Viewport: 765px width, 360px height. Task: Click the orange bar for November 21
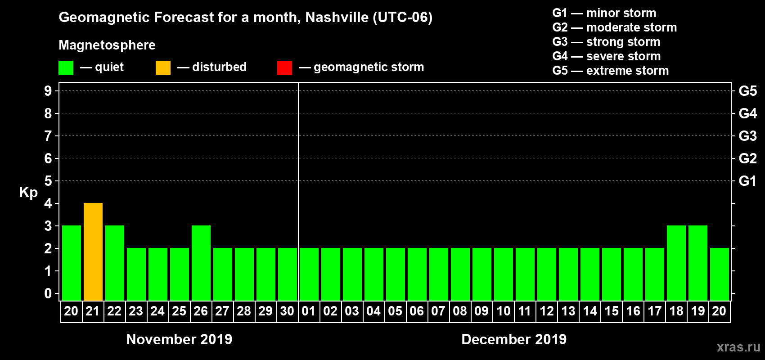[x=93, y=252]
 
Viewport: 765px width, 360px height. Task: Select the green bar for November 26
[x=201, y=263]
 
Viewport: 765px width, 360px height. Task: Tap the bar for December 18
[x=676, y=263]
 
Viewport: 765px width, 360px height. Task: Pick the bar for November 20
[x=72, y=263]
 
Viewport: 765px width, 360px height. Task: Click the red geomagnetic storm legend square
[x=284, y=68]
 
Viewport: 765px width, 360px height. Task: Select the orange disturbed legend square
[x=163, y=68]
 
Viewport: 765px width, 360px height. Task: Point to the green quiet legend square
[x=66, y=68]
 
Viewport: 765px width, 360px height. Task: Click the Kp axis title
[x=28, y=192]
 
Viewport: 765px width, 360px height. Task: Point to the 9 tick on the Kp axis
[x=48, y=91]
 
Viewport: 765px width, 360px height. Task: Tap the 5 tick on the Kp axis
[x=48, y=181]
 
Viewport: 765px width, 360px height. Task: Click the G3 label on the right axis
[x=747, y=136]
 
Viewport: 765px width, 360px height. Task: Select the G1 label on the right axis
[x=747, y=181]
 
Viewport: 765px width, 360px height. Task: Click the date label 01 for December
[x=309, y=311]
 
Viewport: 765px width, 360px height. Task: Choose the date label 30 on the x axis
[x=287, y=311]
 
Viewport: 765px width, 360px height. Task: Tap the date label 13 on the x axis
[x=568, y=311]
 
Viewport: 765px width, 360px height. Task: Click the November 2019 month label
[x=179, y=339]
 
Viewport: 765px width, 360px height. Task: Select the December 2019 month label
[x=514, y=339]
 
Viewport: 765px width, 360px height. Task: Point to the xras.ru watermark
[x=738, y=347]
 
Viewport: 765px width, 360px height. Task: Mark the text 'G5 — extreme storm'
[x=610, y=71]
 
